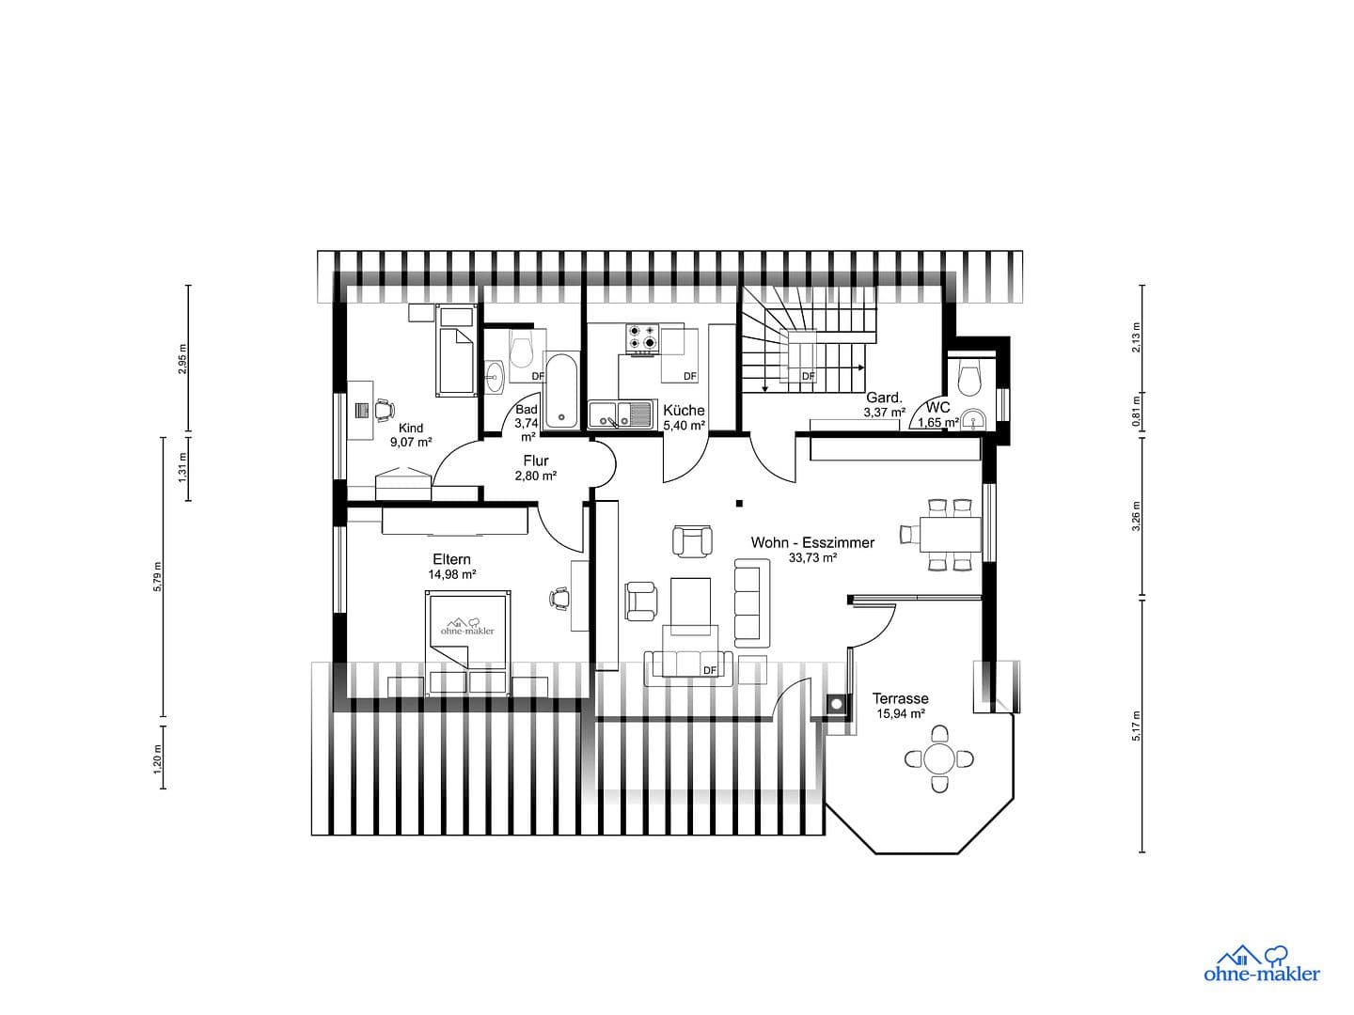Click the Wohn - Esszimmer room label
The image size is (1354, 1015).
coord(812,542)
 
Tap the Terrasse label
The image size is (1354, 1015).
coord(900,698)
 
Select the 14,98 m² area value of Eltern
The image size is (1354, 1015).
coord(452,574)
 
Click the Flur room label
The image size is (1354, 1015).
coord(536,461)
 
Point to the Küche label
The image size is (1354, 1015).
coord(684,411)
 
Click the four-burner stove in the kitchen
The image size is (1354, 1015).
coord(643,337)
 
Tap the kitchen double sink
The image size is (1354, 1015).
coord(621,414)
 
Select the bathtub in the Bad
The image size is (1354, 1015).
coord(562,390)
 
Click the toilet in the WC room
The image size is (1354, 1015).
coord(968,378)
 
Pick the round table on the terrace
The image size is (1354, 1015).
coord(939,757)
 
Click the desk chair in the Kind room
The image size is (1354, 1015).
coord(383,410)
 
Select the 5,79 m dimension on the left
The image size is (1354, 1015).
coord(158,576)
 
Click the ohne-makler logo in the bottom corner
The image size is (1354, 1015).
coord(1261,964)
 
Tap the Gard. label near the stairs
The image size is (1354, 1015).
coord(884,397)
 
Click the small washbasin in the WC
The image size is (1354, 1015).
coord(975,419)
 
